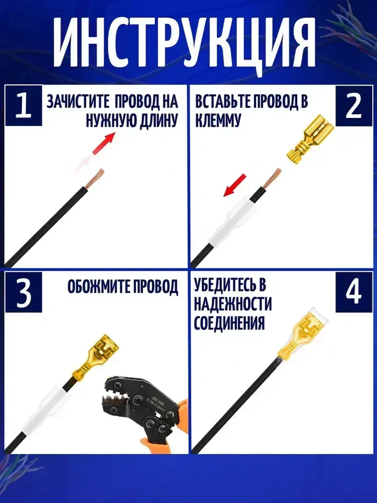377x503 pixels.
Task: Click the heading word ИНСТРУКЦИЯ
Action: tap(184, 45)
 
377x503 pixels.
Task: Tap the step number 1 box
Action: tap(24, 106)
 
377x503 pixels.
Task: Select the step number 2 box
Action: tap(354, 106)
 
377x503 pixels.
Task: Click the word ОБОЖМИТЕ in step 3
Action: tap(96, 286)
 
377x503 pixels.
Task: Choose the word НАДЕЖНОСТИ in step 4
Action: tap(233, 305)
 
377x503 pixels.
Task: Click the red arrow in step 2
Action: tap(235, 185)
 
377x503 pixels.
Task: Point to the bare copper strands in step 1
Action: tap(94, 178)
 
